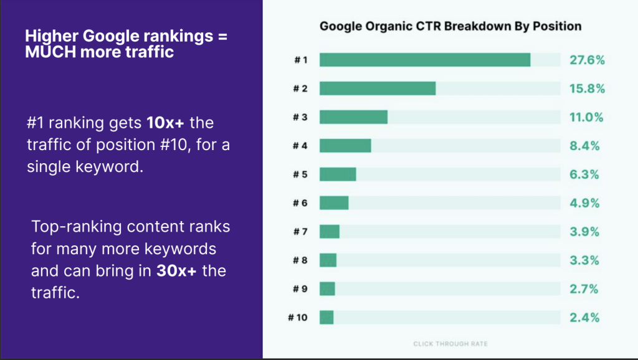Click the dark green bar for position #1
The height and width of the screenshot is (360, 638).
click(x=425, y=60)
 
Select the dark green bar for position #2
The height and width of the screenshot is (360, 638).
click(x=378, y=88)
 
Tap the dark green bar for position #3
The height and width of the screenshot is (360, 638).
click(x=353, y=117)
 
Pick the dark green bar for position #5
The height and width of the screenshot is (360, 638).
click(x=338, y=174)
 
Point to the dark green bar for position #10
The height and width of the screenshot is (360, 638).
click(x=326, y=318)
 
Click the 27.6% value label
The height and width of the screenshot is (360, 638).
click(x=587, y=60)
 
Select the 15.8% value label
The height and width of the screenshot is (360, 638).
click(x=587, y=88)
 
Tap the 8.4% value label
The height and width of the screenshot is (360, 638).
click(x=584, y=146)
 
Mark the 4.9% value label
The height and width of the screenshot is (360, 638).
click(x=584, y=203)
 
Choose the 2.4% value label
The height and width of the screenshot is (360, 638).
click(x=584, y=318)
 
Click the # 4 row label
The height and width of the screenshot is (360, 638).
click(x=300, y=146)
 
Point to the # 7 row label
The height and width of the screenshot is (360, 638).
click(x=300, y=232)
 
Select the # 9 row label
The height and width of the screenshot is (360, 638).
click(x=300, y=289)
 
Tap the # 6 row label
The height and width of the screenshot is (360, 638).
click(x=300, y=203)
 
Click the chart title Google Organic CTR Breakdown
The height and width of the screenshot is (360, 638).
click(x=450, y=26)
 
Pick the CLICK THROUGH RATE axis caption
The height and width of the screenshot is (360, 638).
click(x=450, y=343)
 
